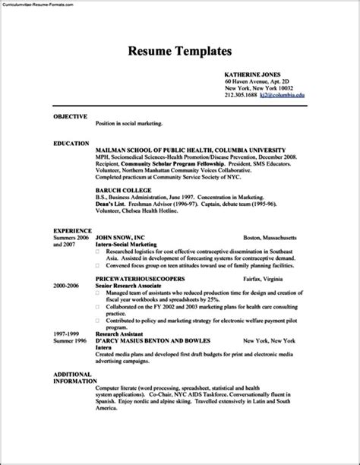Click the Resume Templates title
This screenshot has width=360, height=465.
coord(179,52)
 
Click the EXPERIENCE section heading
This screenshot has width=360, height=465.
coord(72,229)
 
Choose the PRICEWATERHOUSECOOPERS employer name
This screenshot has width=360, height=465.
coord(144,279)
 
